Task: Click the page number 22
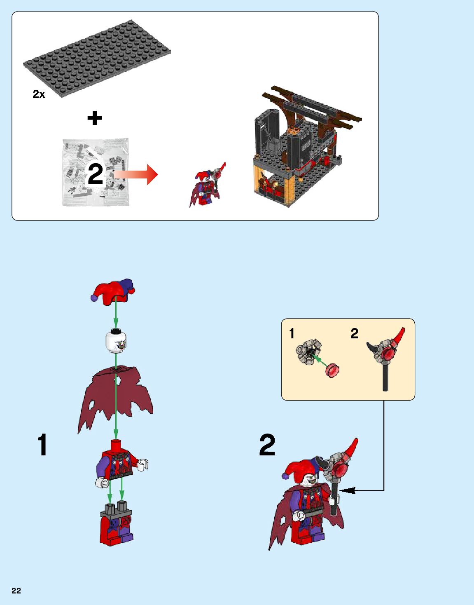[16, 591]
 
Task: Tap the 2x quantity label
[39, 94]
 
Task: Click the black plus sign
[95, 118]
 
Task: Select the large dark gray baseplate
[97, 59]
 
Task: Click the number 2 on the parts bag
[96, 174]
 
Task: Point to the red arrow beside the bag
[136, 175]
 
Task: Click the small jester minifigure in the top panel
[207, 185]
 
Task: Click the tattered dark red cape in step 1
[115, 399]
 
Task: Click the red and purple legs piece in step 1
[117, 523]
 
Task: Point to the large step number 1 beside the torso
[42, 444]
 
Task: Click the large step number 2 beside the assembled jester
[267, 444]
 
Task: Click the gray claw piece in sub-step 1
[308, 352]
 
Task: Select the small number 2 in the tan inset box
[355, 333]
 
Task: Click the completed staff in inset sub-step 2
[386, 359]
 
